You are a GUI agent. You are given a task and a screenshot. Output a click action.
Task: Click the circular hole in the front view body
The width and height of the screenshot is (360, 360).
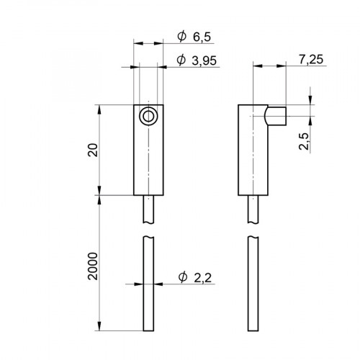(x=147, y=116)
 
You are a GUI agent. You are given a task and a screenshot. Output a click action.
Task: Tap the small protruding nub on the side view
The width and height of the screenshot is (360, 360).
(x=275, y=115)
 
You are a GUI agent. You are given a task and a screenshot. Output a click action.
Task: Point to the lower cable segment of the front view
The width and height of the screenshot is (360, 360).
(x=147, y=284)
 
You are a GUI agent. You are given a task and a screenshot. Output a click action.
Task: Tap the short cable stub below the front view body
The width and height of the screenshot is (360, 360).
(x=147, y=210)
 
